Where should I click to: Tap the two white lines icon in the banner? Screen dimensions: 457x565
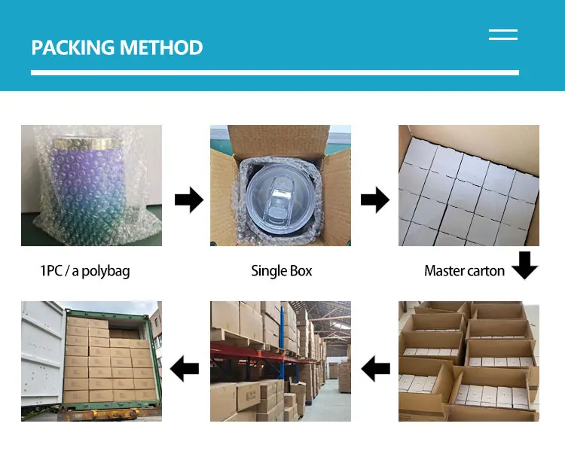tap(502, 34)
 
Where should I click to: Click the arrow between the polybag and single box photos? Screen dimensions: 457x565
tap(188, 200)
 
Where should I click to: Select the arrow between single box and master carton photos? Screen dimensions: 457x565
tap(374, 200)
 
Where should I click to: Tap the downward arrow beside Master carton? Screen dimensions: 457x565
tap(524, 266)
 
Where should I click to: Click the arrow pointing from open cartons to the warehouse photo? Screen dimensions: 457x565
tap(375, 369)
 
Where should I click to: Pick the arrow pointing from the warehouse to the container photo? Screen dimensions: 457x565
tap(185, 369)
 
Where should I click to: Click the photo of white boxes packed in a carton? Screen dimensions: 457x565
tap(469, 184)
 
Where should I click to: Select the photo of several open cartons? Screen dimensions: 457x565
tap(469, 361)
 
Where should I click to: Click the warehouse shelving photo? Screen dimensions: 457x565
tap(280, 361)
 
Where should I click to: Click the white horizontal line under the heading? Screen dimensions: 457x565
tap(275, 72)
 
